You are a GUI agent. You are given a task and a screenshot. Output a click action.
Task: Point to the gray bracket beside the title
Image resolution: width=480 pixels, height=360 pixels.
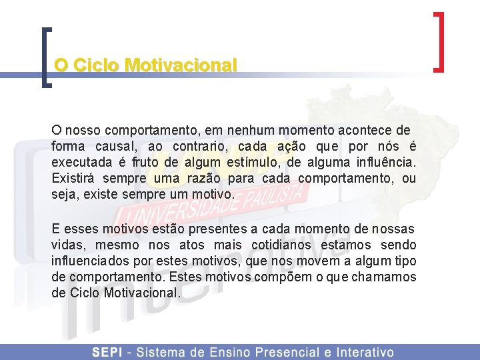click(46, 57)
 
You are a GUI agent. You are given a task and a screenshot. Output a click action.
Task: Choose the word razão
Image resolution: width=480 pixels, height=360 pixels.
click(203, 179)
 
